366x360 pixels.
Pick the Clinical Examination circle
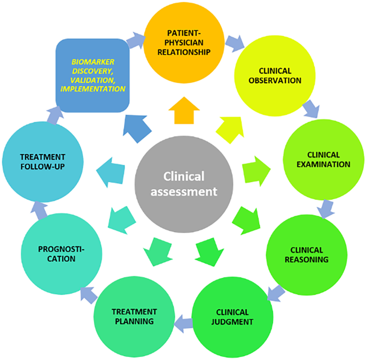click(320, 159)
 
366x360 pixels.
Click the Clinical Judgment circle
click(232, 317)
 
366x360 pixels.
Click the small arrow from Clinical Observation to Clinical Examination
click(310, 109)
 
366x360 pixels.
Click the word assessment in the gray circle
click(190, 191)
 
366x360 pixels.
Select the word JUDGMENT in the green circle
click(232, 322)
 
